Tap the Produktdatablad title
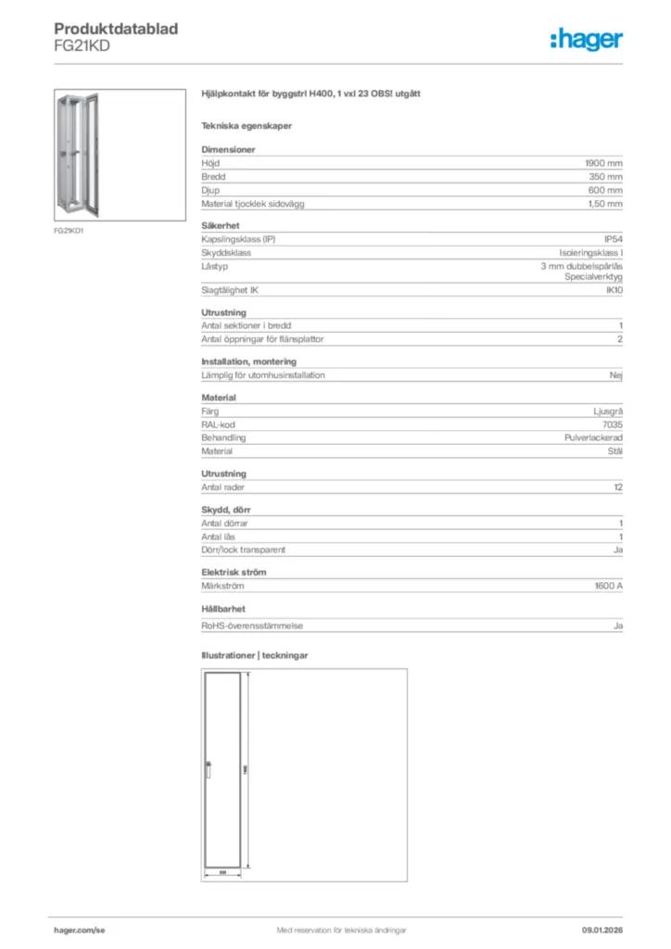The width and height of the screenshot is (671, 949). [116, 29]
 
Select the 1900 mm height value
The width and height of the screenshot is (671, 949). [604, 162]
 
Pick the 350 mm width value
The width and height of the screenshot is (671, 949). [606, 176]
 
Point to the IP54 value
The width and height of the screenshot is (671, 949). [613, 239]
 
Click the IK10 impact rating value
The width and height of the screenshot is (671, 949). [614, 290]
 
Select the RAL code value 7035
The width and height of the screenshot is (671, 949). [613, 424]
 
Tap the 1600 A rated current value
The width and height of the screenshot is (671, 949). [608, 586]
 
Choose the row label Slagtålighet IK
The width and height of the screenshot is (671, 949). [230, 290]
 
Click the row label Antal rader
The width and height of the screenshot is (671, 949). [223, 487]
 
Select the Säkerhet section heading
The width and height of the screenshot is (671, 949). [221, 225]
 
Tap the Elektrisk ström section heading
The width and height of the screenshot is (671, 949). [235, 572]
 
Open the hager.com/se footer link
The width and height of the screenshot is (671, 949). [80, 930]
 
